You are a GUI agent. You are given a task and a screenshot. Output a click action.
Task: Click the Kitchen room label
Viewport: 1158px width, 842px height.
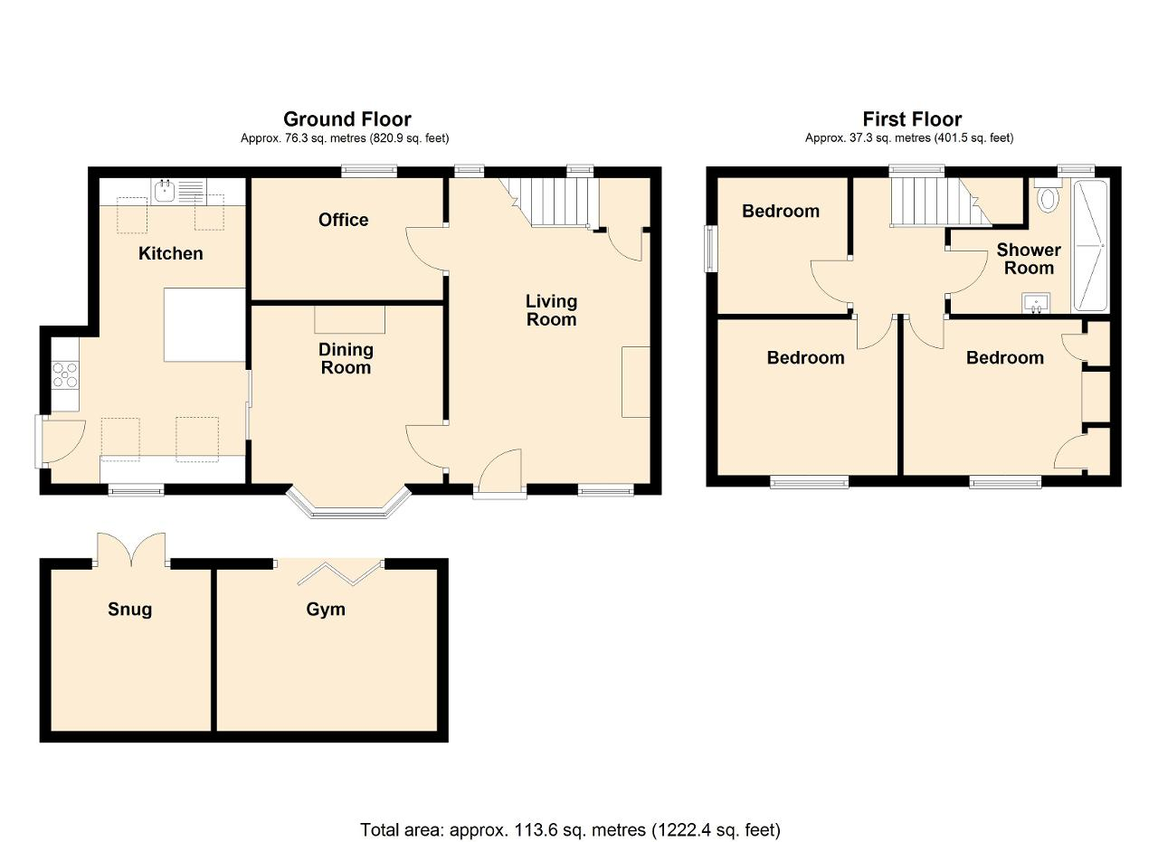click(x=171, y=253)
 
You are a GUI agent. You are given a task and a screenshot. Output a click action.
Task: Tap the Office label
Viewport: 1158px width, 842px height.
click(x=343, y=220)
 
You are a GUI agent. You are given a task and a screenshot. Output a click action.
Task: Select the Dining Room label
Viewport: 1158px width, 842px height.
click(x=346, y=358)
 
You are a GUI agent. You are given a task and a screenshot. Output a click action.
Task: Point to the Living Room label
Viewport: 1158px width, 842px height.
click(x=551, y=310)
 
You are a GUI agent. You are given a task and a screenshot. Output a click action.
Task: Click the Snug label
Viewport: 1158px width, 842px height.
click(x=129, y=610)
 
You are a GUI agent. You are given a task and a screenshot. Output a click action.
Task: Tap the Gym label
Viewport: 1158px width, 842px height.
click(x=326, y=610)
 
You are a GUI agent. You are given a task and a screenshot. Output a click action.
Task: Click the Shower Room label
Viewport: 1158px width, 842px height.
click(x=1029, y=259)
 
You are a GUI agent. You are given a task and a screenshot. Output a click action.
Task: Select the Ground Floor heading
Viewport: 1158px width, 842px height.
click(x=347, y=119)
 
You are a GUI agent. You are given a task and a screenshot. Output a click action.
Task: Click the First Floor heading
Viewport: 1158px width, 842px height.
click(x=913, y=119)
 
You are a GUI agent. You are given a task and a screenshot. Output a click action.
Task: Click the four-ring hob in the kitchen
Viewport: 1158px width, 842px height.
click(x=65, y=374)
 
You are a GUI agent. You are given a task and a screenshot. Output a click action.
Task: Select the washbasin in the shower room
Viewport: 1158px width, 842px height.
click(x=1037, y=303)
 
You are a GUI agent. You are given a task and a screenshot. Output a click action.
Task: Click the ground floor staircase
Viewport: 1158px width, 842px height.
click(x=549, y=203)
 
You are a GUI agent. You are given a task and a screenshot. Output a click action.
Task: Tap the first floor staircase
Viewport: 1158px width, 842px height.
click(x=941, y=202)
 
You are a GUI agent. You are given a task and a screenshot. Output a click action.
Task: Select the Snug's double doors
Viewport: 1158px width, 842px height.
click(x=132, y=549)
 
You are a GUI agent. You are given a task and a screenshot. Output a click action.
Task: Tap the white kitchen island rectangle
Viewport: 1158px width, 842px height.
click(x=204, y=325)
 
